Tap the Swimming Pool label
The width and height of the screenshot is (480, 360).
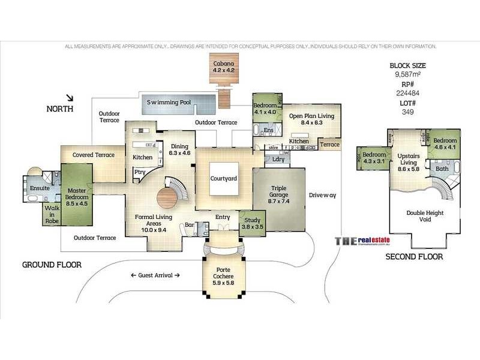(169, 103)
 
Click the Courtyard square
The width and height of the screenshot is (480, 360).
(224, 179)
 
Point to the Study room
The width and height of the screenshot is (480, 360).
(251, 223)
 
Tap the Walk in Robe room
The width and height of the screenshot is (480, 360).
(52, 213)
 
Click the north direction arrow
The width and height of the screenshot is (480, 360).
(71, 98)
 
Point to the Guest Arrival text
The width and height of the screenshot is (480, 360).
(155, 275)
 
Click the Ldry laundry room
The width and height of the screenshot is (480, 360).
(278, 159)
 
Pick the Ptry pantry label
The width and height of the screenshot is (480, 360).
(139, 172)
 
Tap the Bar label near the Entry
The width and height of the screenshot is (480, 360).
(188, 226)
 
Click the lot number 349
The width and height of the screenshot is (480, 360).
(407, 112)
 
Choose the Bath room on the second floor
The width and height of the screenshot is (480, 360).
(442, 169)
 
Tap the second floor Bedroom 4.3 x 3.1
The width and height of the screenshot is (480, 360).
(374, 158)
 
